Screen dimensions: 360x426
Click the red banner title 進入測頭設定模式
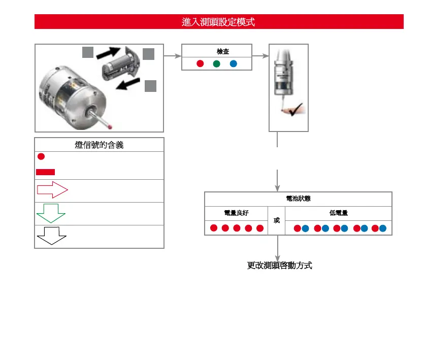click(x=218, y=22)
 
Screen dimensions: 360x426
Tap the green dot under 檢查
click(x=216, y=64)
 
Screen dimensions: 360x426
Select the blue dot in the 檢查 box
click(x=233, y=64)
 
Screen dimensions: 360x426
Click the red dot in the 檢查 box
click(x=200, y=64)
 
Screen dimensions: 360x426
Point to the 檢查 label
click(x=222, y=52)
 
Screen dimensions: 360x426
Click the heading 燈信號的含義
click(x=99, y=145)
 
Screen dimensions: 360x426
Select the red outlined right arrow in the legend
click(x=52, y=190)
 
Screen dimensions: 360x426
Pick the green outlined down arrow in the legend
click(x=51, y=213)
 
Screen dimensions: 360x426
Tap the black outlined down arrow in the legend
click(x=51, y=236)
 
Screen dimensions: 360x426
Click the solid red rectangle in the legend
click(x=45, y=171)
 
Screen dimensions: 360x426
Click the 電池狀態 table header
click(x=298, y=199)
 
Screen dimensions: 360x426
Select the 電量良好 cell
click(x=236, y=213)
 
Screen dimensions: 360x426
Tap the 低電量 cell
click(x=339, y=213)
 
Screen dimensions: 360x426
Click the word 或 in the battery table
click(x=277, y=221)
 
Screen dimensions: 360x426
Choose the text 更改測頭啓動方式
click(x=279, y=266)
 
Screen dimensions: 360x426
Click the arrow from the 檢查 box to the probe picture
click(x=260, y=56)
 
